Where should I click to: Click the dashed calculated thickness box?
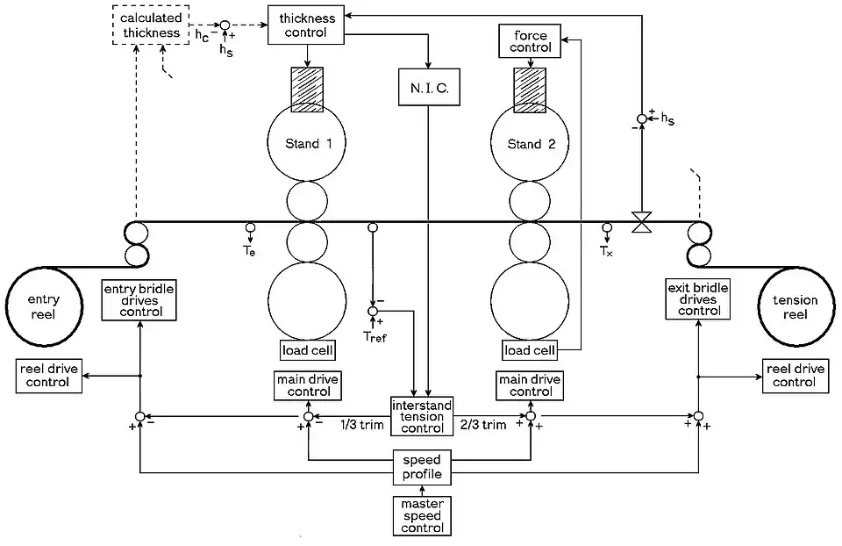click(151, 26)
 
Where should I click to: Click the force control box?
click(531, 41)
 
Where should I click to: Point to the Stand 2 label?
click(531, 144)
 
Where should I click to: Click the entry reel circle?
click(44, 307)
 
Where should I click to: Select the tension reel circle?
click(795, 307)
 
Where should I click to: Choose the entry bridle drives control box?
click(139, 300)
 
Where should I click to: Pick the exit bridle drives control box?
click(699, 300)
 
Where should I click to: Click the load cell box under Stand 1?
click(306, 350)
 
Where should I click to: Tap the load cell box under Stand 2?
click(531, 350)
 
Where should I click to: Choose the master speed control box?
click(422, 515)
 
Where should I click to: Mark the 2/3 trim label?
click(482, 426)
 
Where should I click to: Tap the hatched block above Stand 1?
click(306, 89)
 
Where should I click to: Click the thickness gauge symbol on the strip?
click(642, 222)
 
